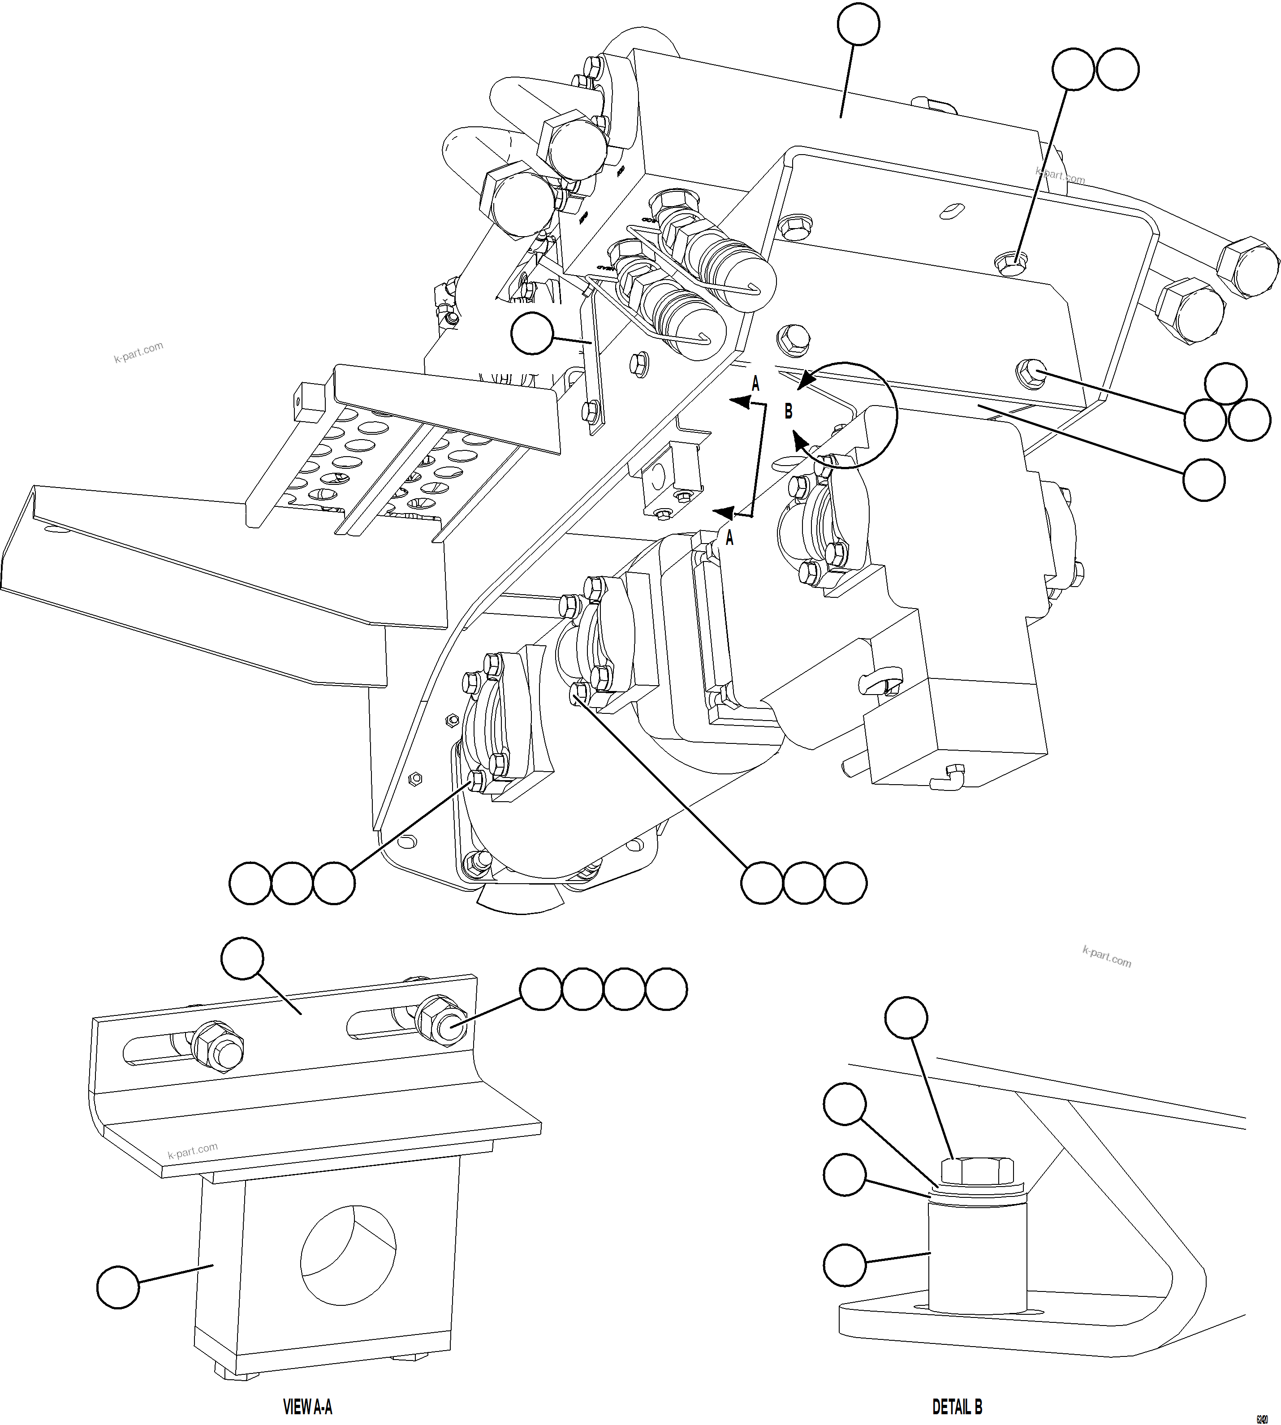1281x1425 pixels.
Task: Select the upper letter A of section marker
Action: coord(755,384)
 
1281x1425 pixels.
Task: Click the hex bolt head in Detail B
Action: coord(977,1171)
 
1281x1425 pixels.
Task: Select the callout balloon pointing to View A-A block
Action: coord(117,1287)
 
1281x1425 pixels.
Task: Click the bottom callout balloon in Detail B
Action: coord(844,1265)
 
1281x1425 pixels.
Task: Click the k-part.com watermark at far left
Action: coord(138,352)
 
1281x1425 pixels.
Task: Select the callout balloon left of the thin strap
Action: coord(531,334)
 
